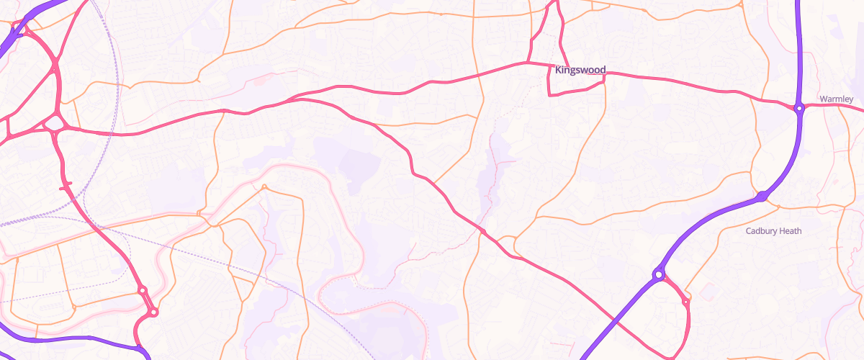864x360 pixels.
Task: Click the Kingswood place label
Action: point(580,70)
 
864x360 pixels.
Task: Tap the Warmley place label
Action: point(836,98)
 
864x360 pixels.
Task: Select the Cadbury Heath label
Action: point(773,231)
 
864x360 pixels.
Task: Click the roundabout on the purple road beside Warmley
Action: point(798,109)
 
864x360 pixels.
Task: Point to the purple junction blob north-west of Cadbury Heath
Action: point(762,196)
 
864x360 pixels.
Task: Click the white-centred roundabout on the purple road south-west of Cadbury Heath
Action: point(658,274)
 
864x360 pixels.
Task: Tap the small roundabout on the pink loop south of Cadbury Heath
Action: point(685,302)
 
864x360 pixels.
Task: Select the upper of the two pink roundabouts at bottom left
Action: point(143,291)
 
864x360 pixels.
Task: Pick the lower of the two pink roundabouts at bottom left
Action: point(153,312)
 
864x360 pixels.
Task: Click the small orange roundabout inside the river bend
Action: point(264,187)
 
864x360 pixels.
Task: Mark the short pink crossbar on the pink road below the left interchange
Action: point(66,187)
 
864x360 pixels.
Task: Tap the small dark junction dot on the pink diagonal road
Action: point(484,231)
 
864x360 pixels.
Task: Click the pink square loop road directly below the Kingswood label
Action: point(576,86)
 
